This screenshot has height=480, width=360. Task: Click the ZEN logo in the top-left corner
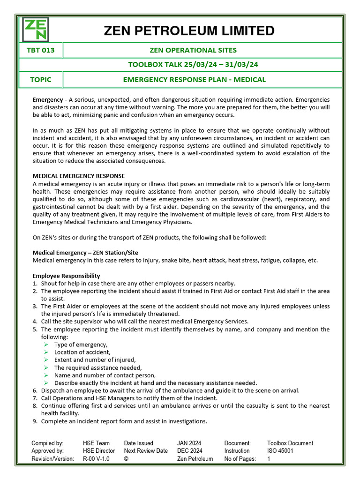[36, 30]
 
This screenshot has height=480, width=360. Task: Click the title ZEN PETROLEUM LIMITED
[189, 31]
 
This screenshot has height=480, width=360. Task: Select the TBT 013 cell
[41, 50]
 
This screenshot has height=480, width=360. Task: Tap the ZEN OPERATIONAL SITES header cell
[193, 50]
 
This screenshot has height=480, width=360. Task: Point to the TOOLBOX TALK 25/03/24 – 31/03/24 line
[193, 65]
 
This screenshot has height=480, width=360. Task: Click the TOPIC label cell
[41, 80]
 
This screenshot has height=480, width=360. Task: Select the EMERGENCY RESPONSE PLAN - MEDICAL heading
[194, 80]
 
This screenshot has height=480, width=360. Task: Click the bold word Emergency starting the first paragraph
[47, 100]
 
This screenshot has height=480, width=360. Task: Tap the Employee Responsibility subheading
[66, 276]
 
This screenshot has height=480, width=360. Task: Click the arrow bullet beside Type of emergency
[46, 345]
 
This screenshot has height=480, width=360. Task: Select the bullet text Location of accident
[82, 352]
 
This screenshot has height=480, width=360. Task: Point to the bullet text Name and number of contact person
[105, 375]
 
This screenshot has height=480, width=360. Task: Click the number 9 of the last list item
[35, 421]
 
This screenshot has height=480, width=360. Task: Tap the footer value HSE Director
[98, 451]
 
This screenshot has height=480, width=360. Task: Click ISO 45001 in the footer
[280, 451]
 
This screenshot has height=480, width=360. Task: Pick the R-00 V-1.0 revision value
[96, 459]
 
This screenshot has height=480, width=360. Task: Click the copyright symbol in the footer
[126, 459]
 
